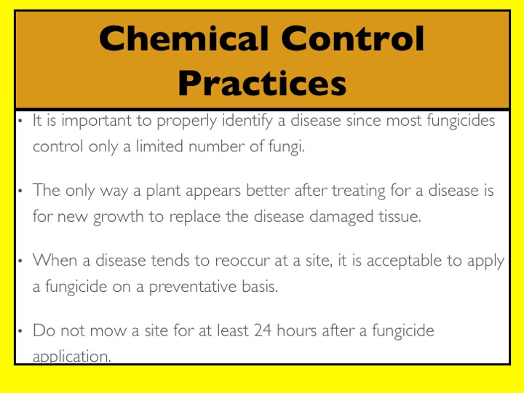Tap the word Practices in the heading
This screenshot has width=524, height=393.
pyautogui.click(x=262, y=83)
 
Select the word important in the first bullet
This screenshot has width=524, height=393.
pyautogui.click(x=96, y=121)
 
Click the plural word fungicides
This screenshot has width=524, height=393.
pyautogui.click(x=461, y=120)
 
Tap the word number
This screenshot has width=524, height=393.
pyautogui.click(x=217, y=146)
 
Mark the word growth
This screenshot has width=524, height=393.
pyautogui.click(x=119, y=217)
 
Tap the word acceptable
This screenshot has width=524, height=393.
pyautogui.click(x=404, y=261)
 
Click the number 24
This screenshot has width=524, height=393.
pyautogui.click(x=262, y=330)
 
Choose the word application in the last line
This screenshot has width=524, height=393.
pyautogui.click(x=71, y=357)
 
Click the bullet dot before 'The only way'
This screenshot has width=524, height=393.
pyautogui.click(x=20, y=191)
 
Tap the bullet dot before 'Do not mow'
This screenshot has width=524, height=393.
pyautogui.click(x=20, y=331)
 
